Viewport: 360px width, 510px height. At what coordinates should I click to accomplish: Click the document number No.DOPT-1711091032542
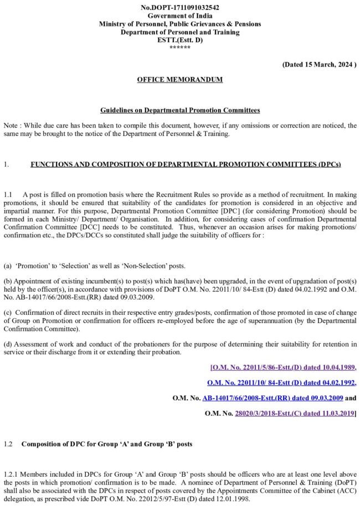180,8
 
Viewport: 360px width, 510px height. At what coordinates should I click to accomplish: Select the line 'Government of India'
180,16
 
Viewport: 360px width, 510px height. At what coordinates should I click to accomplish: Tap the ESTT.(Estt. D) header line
180,40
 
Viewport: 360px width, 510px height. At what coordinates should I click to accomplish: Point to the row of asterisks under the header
180,48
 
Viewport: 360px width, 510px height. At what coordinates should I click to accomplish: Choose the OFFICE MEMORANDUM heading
180,80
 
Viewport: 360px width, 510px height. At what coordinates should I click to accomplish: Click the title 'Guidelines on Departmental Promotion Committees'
180,111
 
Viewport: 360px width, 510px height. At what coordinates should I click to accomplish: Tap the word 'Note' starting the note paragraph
11,126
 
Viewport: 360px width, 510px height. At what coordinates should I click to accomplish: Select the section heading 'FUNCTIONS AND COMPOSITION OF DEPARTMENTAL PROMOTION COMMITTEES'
186,165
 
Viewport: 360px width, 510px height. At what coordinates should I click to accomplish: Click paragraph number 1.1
8,195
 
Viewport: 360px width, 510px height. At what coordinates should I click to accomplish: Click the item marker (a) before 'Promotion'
8,265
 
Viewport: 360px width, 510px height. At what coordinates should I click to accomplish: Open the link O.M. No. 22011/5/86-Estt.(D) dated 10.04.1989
284,367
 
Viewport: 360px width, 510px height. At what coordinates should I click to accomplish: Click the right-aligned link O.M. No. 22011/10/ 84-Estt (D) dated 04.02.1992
281,382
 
